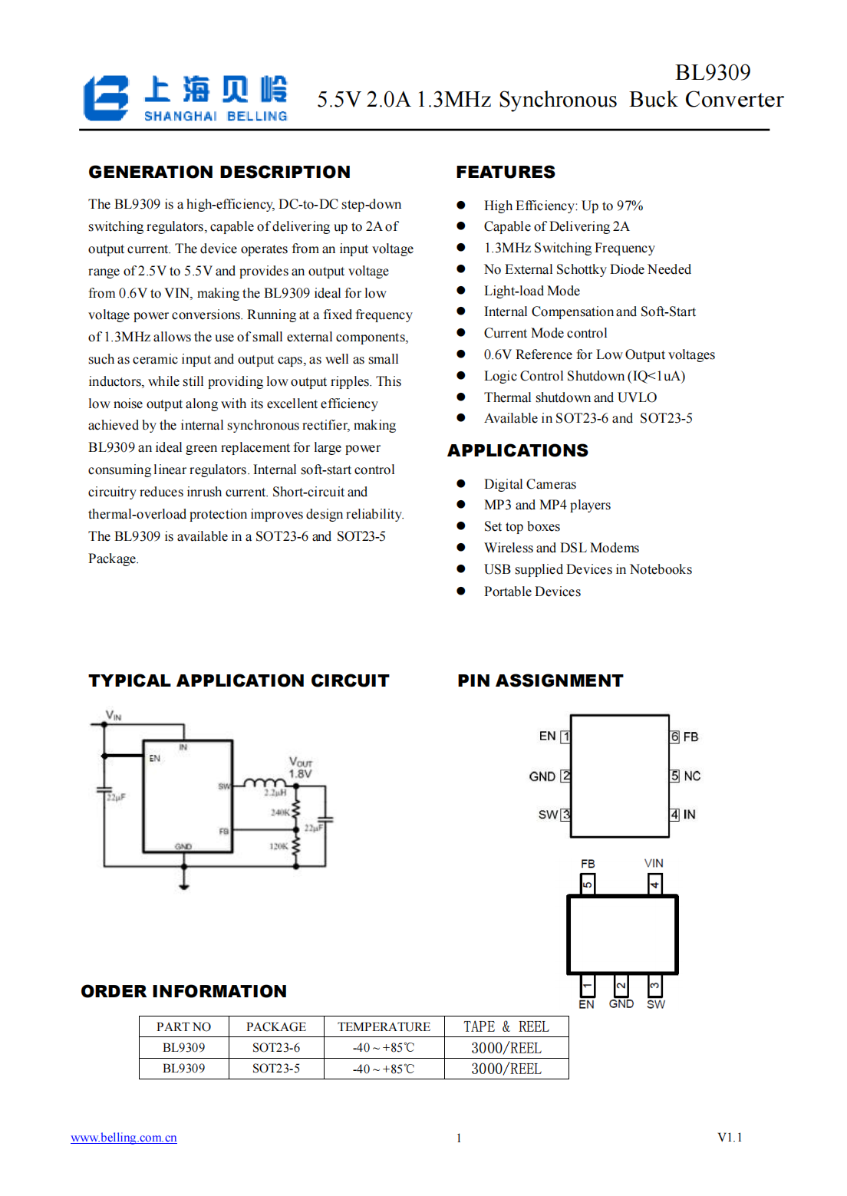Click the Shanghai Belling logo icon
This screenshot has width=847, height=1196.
106,97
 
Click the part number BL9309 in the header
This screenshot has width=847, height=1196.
712,72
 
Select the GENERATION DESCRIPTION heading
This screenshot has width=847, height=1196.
219,172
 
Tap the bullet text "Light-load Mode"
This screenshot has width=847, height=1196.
532,291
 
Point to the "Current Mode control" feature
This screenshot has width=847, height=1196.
545,333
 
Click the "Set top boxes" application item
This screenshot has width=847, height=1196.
522,526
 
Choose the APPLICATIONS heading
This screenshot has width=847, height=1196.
518,450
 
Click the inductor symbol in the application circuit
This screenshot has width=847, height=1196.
264,783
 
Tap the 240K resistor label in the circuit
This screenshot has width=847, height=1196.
280,812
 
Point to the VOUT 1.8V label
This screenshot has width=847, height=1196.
300,768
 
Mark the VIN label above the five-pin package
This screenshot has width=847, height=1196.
654,863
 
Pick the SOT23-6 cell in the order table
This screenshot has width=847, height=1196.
276,1047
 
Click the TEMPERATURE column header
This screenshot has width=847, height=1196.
384,1026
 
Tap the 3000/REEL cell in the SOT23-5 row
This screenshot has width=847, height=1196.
506,1069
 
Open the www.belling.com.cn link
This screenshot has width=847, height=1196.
124,1138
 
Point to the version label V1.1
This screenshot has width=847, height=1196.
730,1137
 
